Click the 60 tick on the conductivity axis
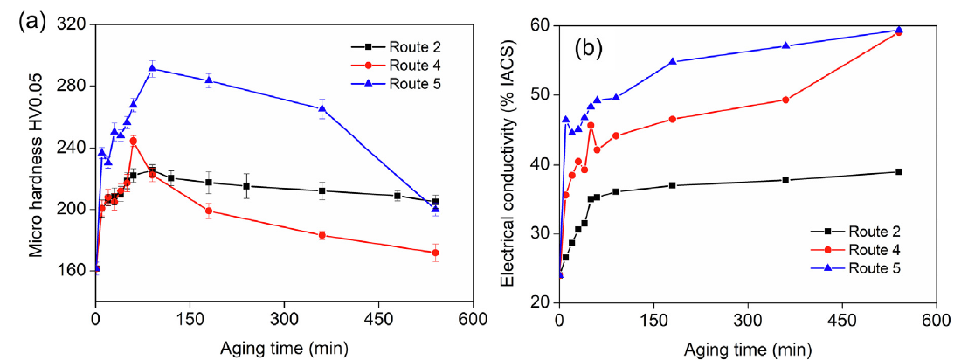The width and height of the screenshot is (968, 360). click(x=540, y=25)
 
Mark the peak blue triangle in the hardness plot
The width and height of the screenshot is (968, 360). click(x=152, y=68)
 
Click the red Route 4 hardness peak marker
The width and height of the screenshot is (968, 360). click(x=133, y=141)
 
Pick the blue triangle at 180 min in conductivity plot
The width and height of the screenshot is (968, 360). click(x=672, y=61)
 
